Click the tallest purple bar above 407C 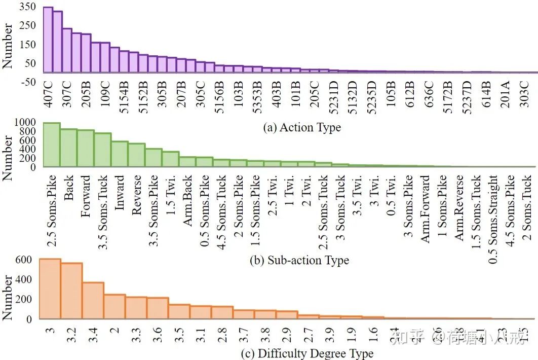coord(48,40)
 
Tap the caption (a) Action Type coord(302,127)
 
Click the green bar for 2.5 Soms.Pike coord(52,145)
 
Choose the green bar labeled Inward coord(120,154)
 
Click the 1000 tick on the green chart coord(25,122)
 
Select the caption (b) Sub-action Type coord(299,261)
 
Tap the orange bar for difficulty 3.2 coord(71,291)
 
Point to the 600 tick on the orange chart coord(24,260)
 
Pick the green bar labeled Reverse coord(136,155)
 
